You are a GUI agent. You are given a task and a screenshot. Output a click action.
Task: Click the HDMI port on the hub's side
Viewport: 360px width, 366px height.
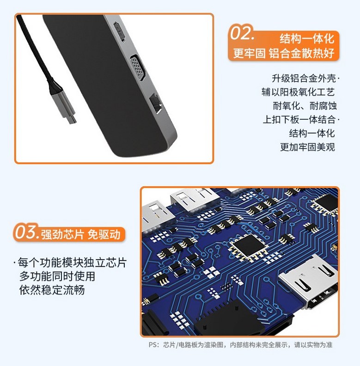[119, 32]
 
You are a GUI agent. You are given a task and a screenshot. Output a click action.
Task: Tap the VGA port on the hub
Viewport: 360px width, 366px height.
[138, 67]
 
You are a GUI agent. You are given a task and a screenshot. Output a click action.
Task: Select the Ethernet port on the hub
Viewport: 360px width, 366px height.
[156, 104]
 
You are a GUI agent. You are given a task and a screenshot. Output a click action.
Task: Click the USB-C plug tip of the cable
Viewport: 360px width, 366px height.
[73, 120]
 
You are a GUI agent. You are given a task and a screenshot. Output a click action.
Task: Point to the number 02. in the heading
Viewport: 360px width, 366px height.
[242, 33]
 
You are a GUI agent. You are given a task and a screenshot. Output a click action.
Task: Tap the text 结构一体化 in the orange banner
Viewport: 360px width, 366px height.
[307, 39]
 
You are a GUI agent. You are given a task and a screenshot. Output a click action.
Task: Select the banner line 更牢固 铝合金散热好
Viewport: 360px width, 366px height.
[284, 53]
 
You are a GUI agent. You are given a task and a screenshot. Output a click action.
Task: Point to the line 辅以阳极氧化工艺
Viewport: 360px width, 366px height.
[298, 92]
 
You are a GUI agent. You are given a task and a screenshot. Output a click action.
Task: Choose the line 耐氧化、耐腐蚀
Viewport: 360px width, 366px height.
[305, 106]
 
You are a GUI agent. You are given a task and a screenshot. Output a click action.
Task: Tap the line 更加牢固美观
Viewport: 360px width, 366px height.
[307, 147]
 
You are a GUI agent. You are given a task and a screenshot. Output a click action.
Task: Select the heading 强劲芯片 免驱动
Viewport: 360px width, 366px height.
[81, 235]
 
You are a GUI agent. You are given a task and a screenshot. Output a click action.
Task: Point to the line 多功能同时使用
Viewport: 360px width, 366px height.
[57, 276]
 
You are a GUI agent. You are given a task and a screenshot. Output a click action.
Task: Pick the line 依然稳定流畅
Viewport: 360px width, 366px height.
[52, 290]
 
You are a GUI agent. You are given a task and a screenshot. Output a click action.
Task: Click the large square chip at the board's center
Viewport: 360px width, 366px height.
[248, 247]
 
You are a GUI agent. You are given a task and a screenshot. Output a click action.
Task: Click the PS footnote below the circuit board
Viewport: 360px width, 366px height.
[240, 345]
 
